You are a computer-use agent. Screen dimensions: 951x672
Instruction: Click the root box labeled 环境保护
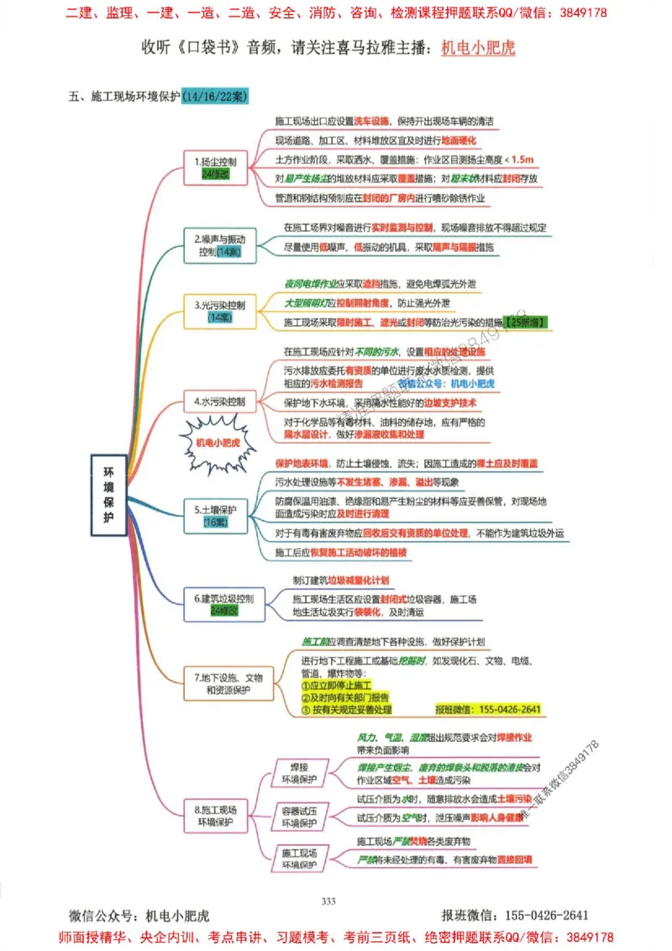click(108, 495)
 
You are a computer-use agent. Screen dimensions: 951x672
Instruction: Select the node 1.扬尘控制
click(214, 166)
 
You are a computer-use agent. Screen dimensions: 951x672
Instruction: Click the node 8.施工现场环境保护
click(216, 814)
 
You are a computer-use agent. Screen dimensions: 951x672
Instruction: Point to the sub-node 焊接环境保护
click(297, 773)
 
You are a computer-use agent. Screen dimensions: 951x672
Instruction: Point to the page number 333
click(328, 901)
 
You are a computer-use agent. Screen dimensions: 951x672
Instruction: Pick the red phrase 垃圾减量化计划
click(358, 581)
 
